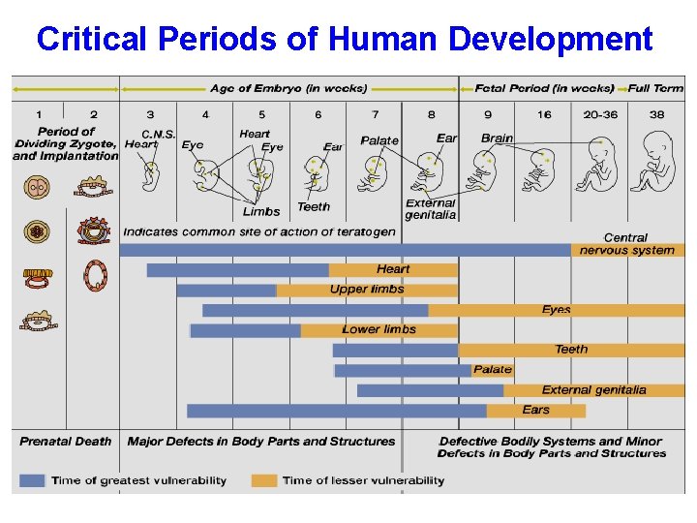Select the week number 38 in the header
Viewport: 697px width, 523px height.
pyautogui.click(x=657, y=114)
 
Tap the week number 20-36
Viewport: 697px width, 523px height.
pyautogui.click(x=600, y=114)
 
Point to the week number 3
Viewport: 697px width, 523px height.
pyautogui.click(x=150, y=114)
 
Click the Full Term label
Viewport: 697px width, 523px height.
pyautogui.click(x=655, y=88)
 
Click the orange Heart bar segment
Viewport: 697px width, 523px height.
pyautogui.click(x=393, y=269)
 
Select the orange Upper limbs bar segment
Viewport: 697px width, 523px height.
pyautogui.click(x=367, y=290)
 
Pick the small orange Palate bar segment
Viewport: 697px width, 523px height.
pyautogui.click(x=493, y=370)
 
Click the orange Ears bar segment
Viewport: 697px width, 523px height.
pyautogui.click(x=535, y=411)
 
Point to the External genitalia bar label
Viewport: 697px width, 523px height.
pyautogui.click(x=593, y=390)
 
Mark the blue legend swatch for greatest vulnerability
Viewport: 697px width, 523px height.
pyautogui.click(x=32, y=480)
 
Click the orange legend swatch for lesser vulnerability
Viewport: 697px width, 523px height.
pyautogui.click(x=263, y=480)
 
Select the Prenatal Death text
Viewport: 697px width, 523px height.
pyautogui.click(x=65, y=442)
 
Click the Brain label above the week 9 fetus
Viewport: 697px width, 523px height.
pyautogui.click(x=497, y=138)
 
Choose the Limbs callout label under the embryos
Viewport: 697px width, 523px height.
pyautogui.click(x=261, y=211)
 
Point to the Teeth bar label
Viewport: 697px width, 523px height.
pyautogui.click(x=570, y=350)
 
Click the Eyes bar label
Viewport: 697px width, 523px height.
pyautogui.click(x=556, y=310)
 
